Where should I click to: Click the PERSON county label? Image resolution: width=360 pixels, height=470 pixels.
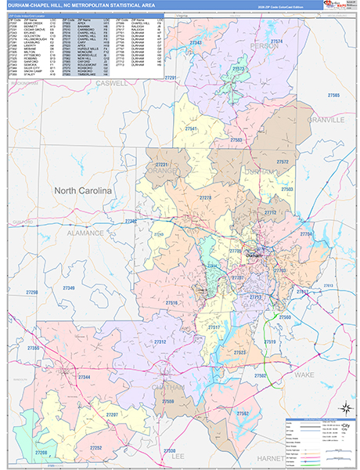click(265, 68)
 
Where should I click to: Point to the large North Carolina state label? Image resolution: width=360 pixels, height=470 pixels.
click(82, 190)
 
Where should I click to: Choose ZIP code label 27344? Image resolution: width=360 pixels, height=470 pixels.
click(84, 378)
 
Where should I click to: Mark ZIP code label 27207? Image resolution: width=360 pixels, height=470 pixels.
click(112, 414)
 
